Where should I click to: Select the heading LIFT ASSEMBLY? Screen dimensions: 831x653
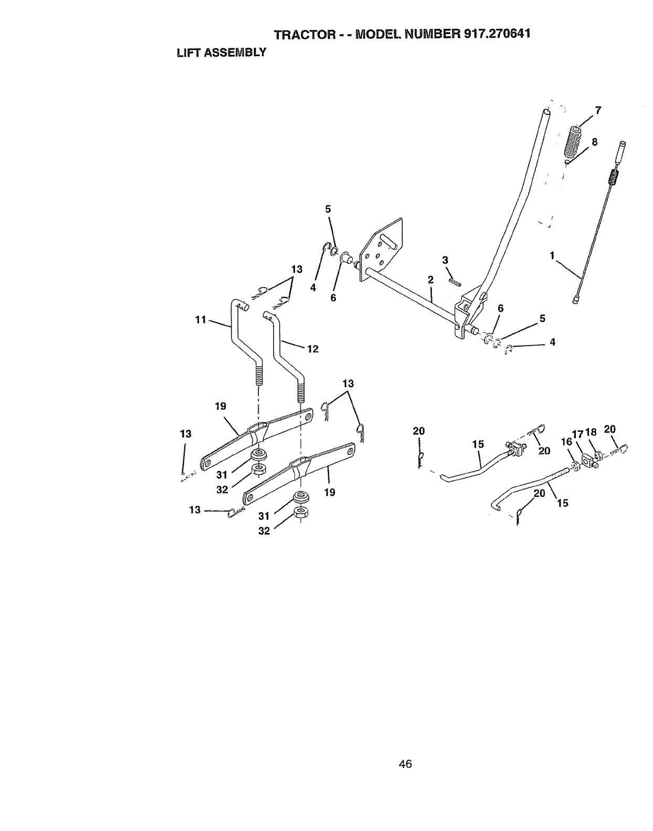[221, 52]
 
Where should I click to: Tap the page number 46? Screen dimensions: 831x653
[405, 764]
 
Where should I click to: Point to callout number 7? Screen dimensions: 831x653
[598, 110]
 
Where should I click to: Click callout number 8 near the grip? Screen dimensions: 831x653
[595, 142]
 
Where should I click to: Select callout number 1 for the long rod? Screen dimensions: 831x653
[552, 255]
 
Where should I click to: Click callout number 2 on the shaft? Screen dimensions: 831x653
[430, 280]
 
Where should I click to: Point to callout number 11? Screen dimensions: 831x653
[200, 319]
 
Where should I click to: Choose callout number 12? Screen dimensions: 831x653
[313, 348]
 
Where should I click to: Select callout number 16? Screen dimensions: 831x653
[566, 442]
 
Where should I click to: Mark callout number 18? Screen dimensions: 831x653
[591, 432]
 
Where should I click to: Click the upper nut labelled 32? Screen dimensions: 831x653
[258, 468]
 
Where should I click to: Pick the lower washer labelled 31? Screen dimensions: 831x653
[301, 496]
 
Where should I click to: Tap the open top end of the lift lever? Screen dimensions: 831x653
[546, 112]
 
